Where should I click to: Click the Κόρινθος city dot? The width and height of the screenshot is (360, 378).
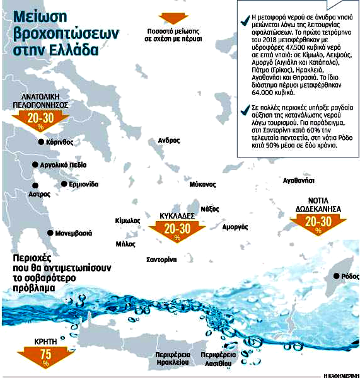point(41,142)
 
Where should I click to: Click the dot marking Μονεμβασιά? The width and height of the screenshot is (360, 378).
point(51,232)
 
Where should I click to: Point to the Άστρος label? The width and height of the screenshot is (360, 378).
point(40,195)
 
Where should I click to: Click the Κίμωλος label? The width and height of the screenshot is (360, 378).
point(127,221)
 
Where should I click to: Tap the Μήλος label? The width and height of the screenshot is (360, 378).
point(125,244)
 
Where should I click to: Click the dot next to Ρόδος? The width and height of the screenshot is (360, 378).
point(335,276)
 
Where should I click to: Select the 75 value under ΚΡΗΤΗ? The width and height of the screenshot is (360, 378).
point(44,355)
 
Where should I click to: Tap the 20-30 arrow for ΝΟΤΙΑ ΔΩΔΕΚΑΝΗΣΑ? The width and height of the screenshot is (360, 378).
point(317,222)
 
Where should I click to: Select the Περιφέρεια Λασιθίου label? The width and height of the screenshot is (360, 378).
point(218,359)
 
